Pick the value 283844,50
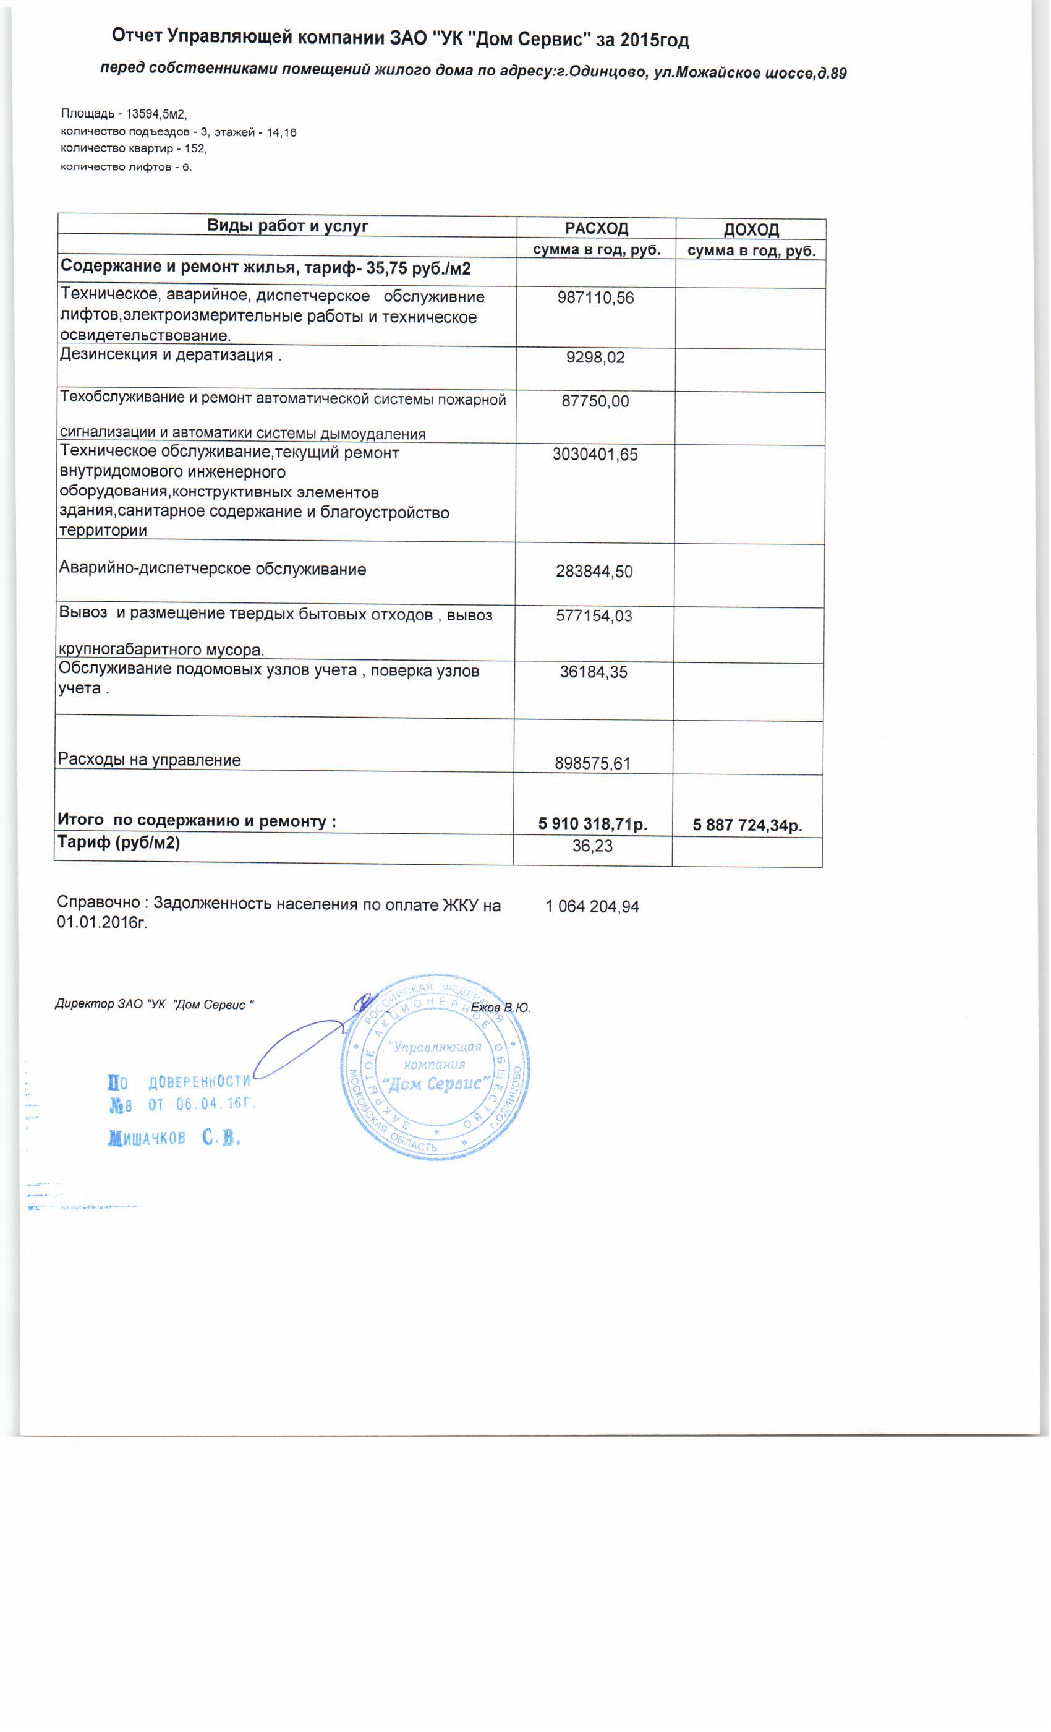594,572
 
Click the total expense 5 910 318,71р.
592,824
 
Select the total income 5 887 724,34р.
747,825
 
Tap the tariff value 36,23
592,846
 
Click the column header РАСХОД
597,228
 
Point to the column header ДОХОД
751,230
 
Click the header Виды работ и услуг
287,226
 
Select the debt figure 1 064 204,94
592,907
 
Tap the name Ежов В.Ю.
500,1007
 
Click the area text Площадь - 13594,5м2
124,114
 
